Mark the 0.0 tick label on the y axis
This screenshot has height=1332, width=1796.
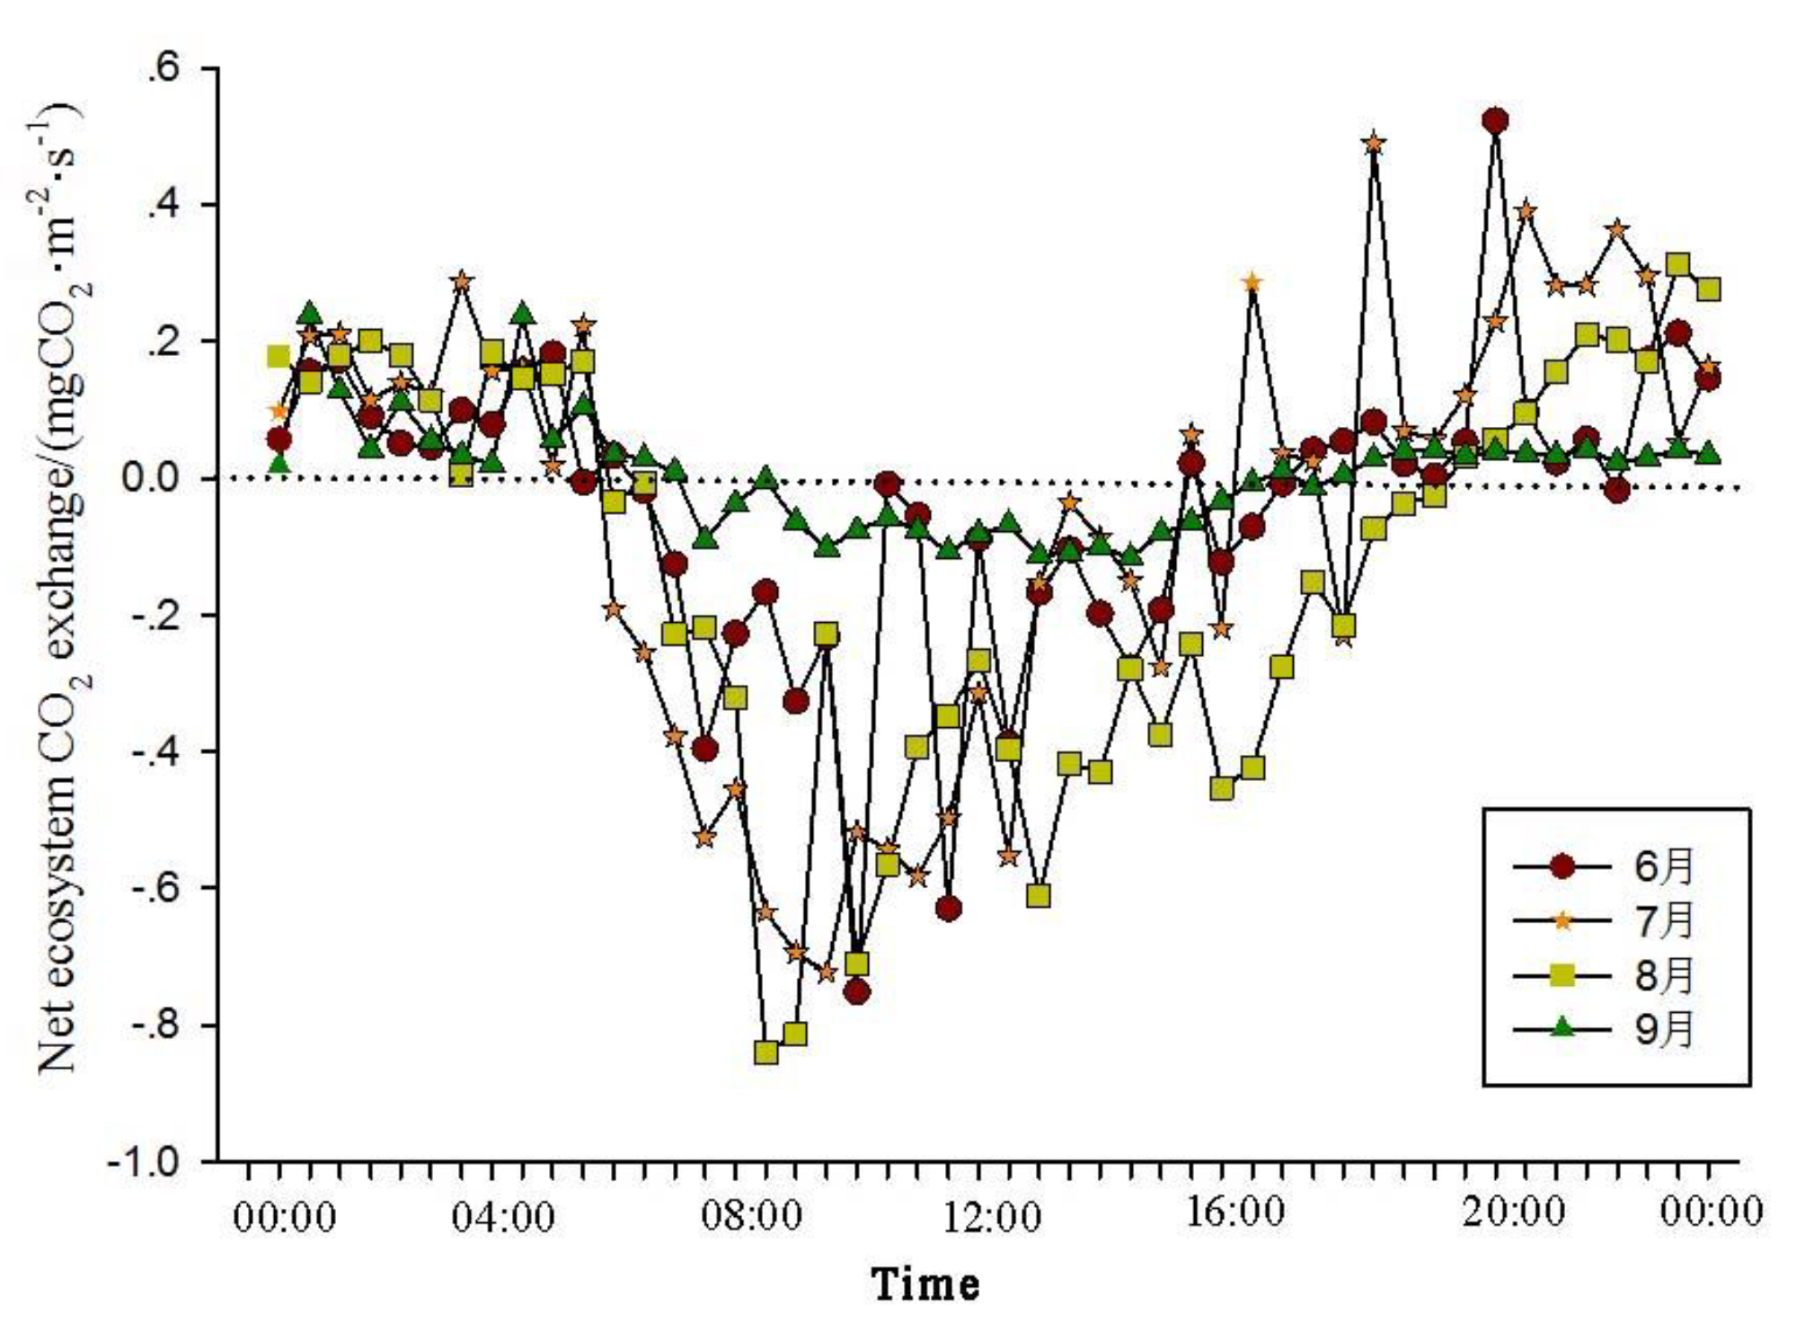tap(151, 478)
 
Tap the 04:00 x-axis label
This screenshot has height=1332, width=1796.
tap(503, 1218)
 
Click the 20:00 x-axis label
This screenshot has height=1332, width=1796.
tap(1514, 1212)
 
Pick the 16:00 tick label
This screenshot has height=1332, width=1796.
tap(1236, 1212)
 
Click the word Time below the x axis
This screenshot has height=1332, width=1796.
tap(925, 1283)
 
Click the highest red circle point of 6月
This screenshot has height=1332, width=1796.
tap(1495, 121)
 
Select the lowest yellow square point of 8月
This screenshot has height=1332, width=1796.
tap(766, 1052)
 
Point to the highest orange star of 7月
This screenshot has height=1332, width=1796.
tap(1373, 144)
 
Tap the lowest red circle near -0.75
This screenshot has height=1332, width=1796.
tap(857, 992)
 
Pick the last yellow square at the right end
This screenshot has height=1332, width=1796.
tap(1708, 289)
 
